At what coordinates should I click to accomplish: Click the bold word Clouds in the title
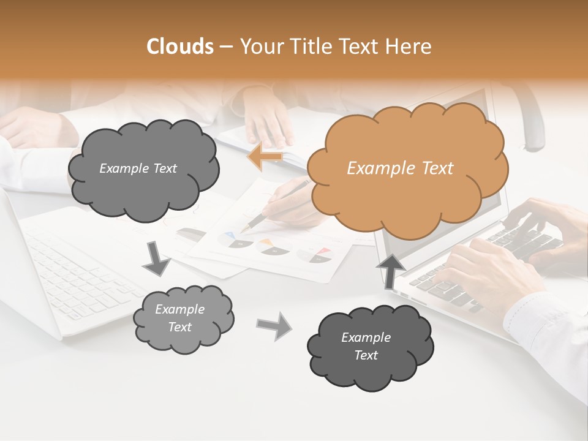(180, 46)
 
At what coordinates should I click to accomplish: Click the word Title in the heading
(313, 46)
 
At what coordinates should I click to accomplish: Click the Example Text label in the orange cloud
(400, 168)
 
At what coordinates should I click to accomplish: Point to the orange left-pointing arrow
(265, 157)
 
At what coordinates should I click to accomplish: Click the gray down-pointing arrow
(157, 258)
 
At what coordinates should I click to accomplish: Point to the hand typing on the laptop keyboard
(490, 269)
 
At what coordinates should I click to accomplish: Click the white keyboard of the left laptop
(80, 276)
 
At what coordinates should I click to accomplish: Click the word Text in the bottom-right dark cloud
(366, 355)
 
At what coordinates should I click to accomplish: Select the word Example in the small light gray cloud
(179, 309)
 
